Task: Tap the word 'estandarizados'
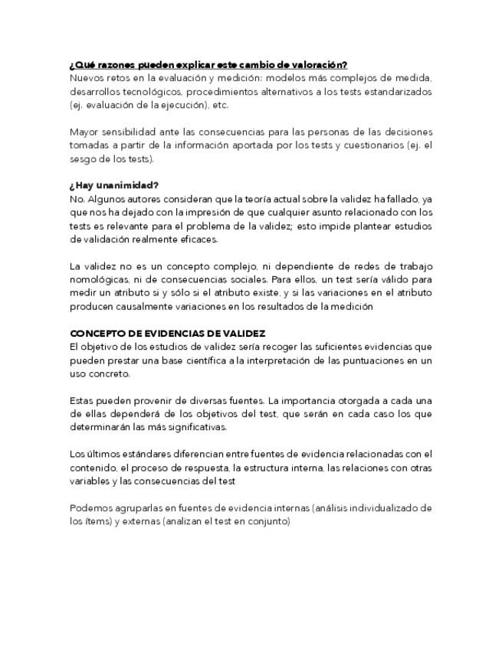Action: [392, 92]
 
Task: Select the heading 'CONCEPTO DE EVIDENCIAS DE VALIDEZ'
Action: [168, 333]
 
